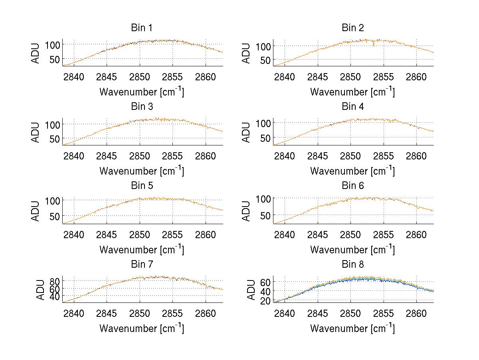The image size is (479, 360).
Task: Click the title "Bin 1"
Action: (141, 28)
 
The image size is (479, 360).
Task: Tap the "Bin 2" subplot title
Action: (352, 28)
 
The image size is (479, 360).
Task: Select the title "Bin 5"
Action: (141, 186)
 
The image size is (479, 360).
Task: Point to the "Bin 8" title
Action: (352, 265)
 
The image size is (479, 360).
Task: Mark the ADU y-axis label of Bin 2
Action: (247, 53)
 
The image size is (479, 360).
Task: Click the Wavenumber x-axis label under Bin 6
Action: (352, 250)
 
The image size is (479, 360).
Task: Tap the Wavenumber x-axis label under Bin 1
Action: (141, 92)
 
